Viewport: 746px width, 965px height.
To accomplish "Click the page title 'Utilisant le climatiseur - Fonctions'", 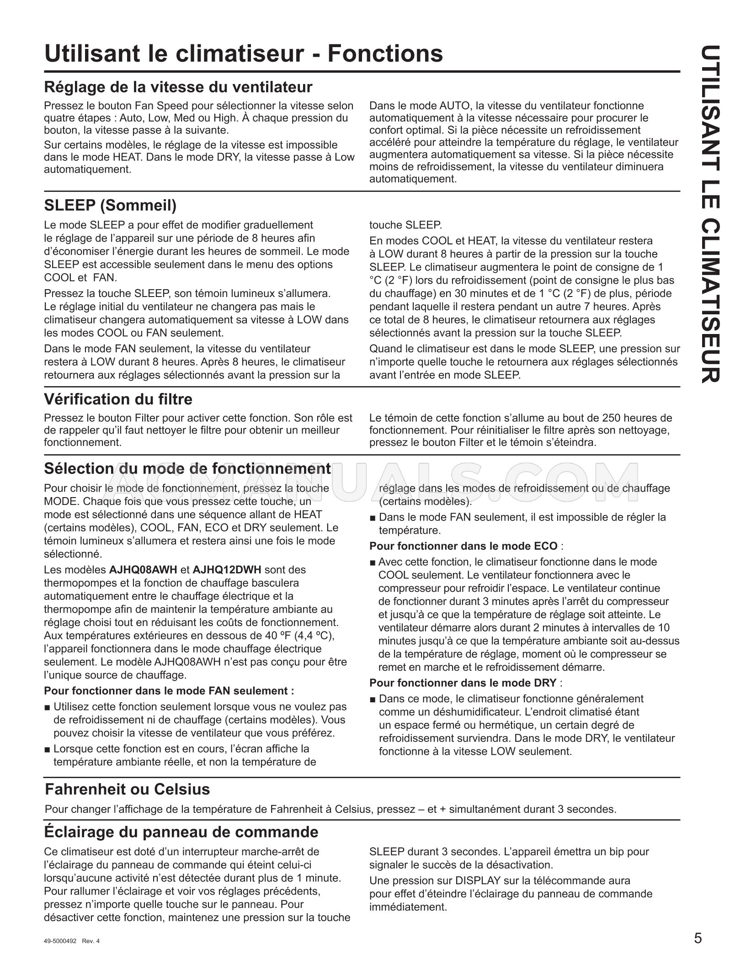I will click(243, 54).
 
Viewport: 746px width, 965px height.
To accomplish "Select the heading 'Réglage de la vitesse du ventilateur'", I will click(178, 87).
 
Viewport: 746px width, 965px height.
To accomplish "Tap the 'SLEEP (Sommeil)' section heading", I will click(110, 206).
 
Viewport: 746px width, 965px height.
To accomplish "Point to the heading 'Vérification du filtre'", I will click(118, 399).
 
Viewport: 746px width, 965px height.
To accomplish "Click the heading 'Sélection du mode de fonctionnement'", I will click(187, 468).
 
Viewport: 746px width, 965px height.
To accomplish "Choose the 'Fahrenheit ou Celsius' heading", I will click(127, 789).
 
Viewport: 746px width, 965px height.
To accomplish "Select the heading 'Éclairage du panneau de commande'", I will click(181, 832).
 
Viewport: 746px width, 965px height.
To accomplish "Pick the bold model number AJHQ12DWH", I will click(227, 570).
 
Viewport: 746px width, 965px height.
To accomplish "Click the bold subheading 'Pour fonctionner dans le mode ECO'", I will click(463, 546).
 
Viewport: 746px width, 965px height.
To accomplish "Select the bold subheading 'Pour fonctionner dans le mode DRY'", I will click(463, 683).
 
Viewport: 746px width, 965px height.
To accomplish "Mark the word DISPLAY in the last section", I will click(475, 880).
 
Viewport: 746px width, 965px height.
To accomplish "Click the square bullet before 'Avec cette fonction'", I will click(373, 562).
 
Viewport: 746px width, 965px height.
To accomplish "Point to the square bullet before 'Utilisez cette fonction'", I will click(48, 707).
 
